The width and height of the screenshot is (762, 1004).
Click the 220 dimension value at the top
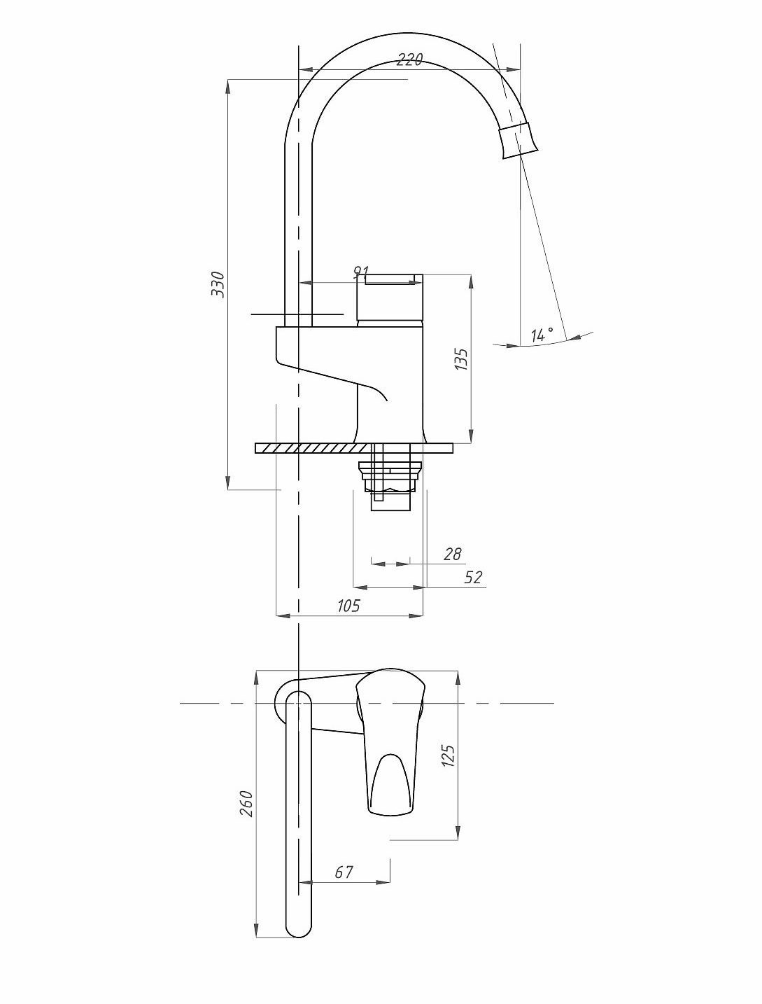coord(409,60)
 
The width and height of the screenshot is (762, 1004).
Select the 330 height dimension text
coord(218,284)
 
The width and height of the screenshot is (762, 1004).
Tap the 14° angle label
coord(542,335)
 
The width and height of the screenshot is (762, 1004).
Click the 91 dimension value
coord(361,272)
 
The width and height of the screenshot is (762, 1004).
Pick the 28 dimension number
coord(453,554)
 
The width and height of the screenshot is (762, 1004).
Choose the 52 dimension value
coord(472,577)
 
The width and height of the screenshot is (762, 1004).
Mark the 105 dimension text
coord(348,606)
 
